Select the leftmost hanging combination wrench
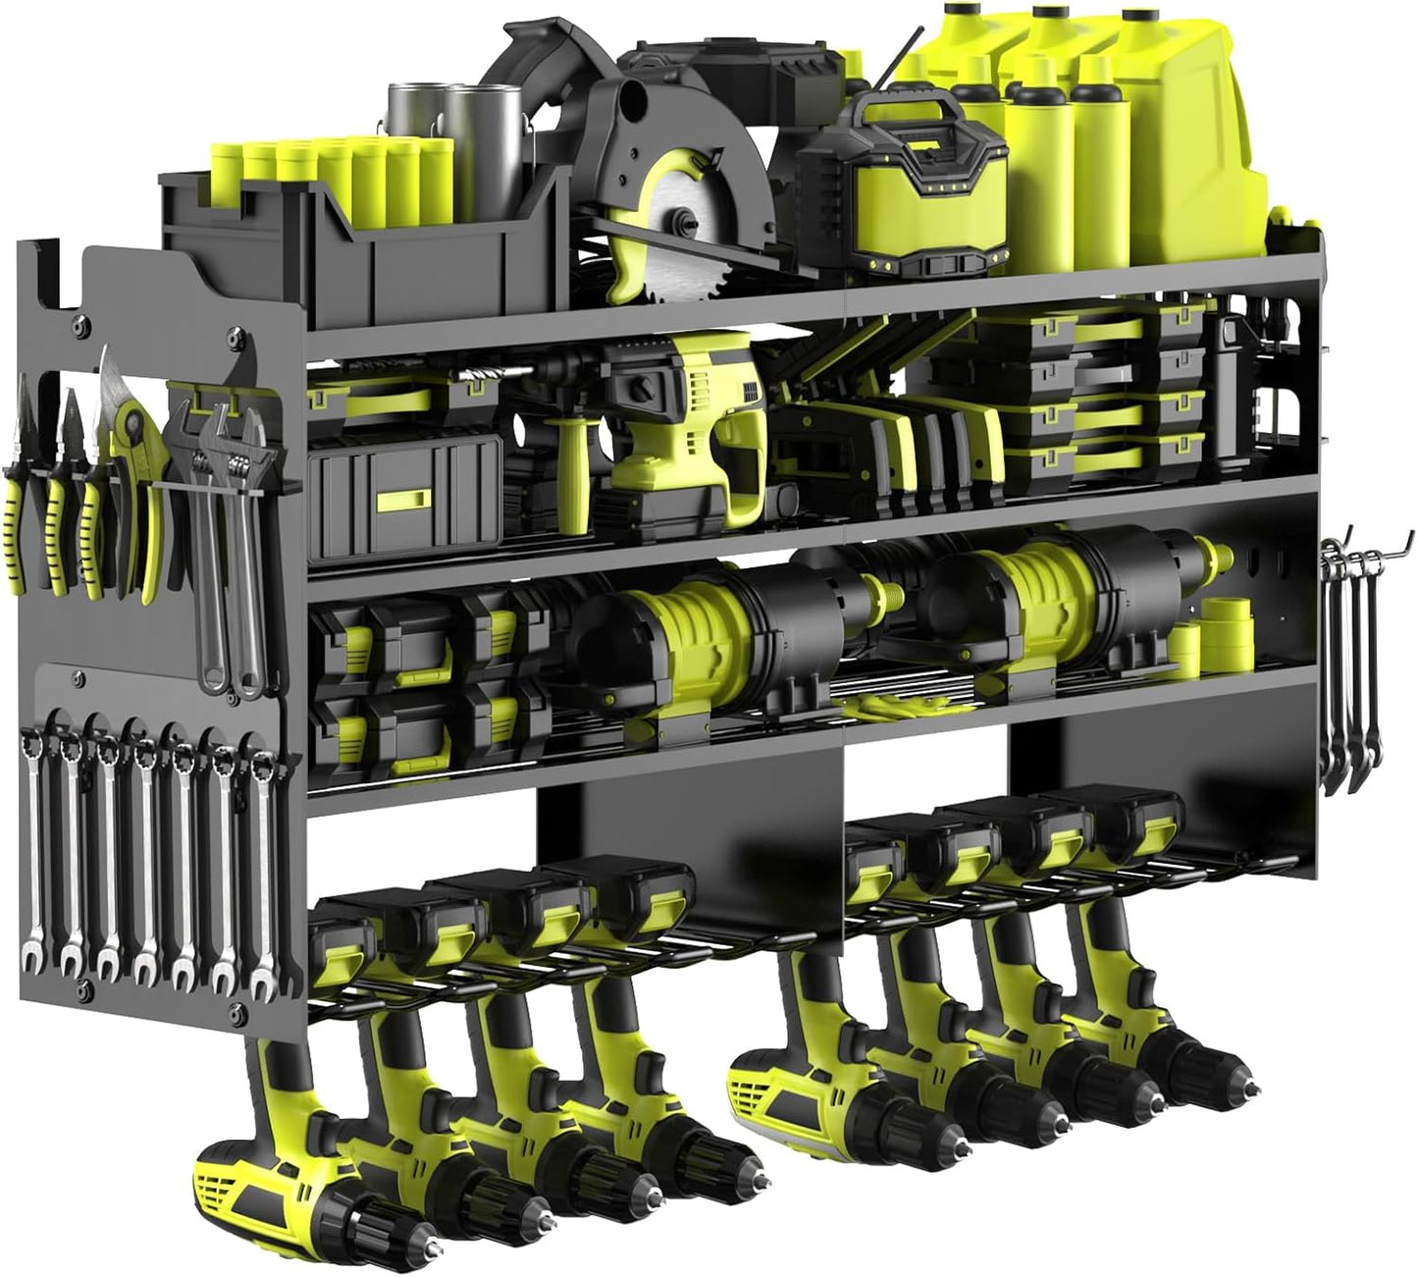[31, 844]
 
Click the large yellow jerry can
[1158, 118]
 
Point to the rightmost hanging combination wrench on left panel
[261, 864]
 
